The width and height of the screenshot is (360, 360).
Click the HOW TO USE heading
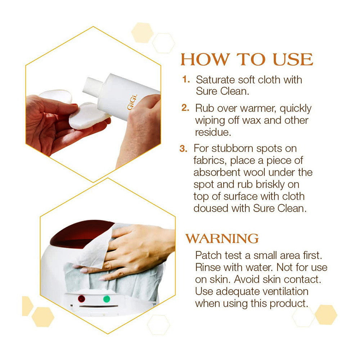(x=247, y=59)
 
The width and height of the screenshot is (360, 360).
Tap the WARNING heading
(x=222, y=238)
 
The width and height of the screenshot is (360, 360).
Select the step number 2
(x=185, y=108)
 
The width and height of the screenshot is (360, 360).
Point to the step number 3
(x=184, y=148)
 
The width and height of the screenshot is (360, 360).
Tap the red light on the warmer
(x=81, y=299)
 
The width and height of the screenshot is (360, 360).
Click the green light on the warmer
(x=107, y=299)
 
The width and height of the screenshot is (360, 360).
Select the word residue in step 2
(x=213, y=132)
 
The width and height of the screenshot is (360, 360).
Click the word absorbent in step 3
(x=217, y=172)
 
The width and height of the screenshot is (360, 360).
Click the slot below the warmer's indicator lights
(x=99, y=307)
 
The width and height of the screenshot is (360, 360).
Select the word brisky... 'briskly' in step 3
(x=270, y=185)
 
